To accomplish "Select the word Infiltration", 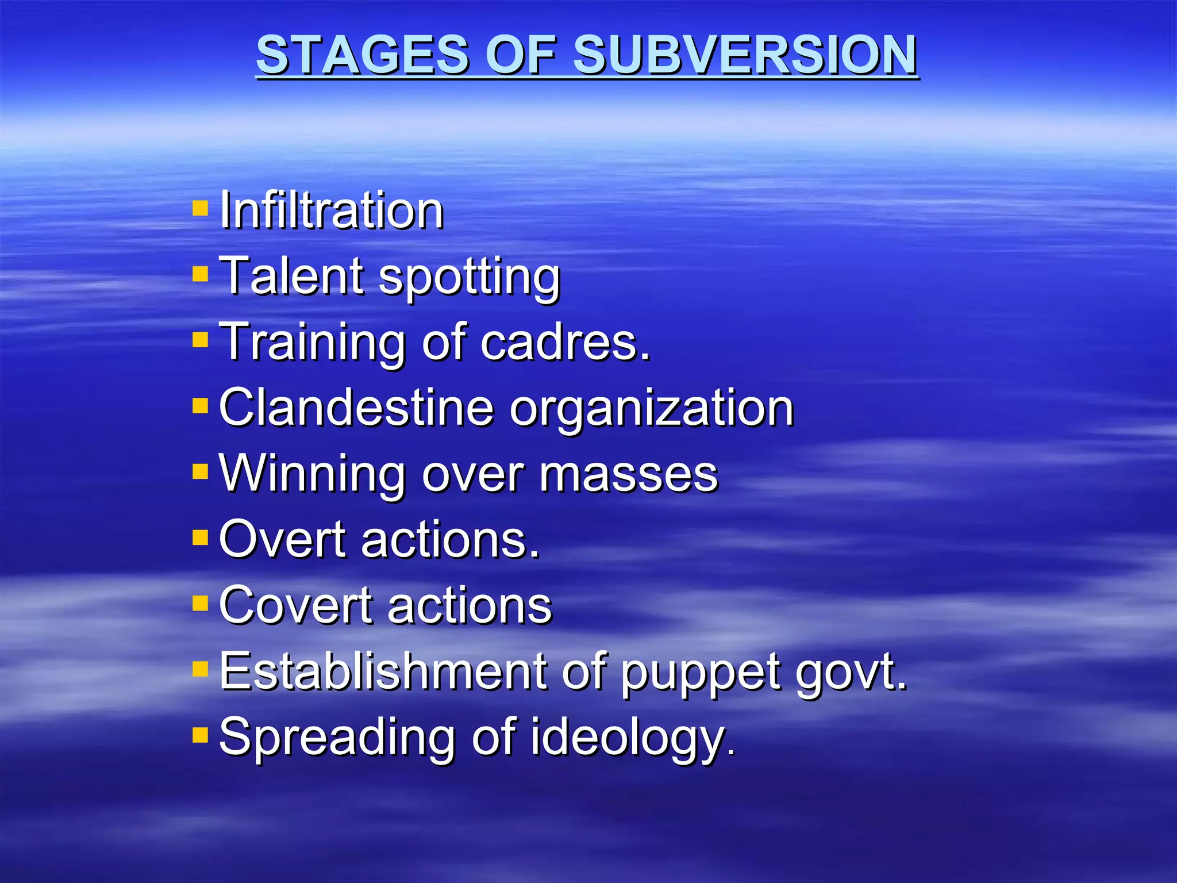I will click(332, 210).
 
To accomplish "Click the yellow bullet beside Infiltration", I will click(200, 208).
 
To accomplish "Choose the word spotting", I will click(469, 278).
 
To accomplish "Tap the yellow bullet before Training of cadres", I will click(200, 339).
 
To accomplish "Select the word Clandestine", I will click(356, 408).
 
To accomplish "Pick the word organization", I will click(652, 410).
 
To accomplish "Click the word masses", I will click(629, 475).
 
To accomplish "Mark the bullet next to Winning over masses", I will click(200, 471).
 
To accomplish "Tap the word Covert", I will click(296, 605).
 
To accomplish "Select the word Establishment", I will click(383, 671).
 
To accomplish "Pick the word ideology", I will click(632, 739).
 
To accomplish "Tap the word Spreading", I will click(338, 739).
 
